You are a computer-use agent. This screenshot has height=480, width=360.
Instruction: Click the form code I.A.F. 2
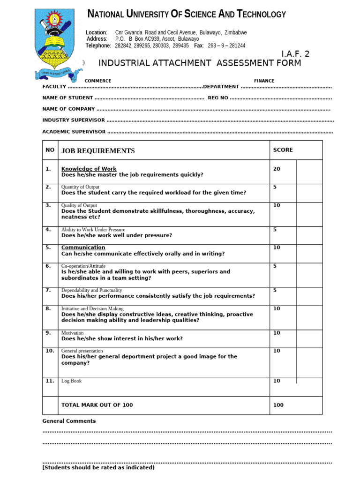[295, 54]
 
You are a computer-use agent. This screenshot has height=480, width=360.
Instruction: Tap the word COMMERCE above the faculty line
[98, 81]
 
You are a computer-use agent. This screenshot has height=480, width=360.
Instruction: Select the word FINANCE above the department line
[264, 81]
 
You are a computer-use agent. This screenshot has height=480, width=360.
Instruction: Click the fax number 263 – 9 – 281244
[226, 45]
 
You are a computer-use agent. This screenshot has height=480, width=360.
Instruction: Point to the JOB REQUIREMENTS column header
[98, 151]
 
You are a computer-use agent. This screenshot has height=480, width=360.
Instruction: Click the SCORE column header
[283, 150]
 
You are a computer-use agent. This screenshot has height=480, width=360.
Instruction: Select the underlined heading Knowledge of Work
[89, 169]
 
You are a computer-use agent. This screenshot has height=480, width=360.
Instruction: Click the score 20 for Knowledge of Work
[277, 169]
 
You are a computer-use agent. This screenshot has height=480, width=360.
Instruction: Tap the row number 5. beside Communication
[48, 247]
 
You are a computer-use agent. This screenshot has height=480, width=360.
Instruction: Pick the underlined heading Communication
[83, 247]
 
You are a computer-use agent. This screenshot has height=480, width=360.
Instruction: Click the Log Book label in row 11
[71, 381]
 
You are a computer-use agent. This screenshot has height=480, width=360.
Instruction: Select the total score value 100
[278, 405]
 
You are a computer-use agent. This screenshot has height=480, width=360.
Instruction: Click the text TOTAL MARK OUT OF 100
[97, 405]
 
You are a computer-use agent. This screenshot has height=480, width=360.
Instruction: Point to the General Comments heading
[69, 421]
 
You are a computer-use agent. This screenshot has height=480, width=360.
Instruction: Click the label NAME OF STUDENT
[67, 98]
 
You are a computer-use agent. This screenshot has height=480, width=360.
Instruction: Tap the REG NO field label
[218, 98]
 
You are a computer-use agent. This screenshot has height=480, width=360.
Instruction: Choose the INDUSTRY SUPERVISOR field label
[74, 120]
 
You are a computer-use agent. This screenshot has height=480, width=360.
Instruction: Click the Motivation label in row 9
[73, 333]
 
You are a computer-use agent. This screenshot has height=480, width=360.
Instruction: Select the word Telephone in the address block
[98, 45]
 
